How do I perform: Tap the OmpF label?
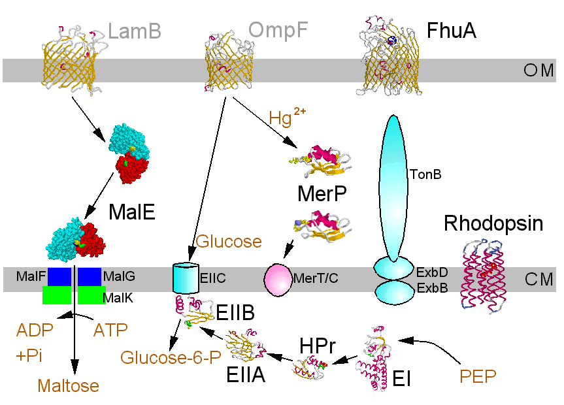tap(278, 30)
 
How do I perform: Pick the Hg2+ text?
tap(287, 117)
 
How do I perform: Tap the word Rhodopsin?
tap(493, 223)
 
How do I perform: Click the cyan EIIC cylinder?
tap(184, 279)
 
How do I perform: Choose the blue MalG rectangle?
tap(89, 277)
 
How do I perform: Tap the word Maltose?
tap(68, 385)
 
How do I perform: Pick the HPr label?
tap(318, 345)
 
